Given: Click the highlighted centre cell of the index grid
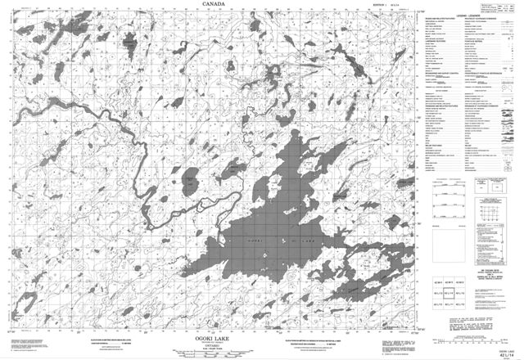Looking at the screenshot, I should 449,293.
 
